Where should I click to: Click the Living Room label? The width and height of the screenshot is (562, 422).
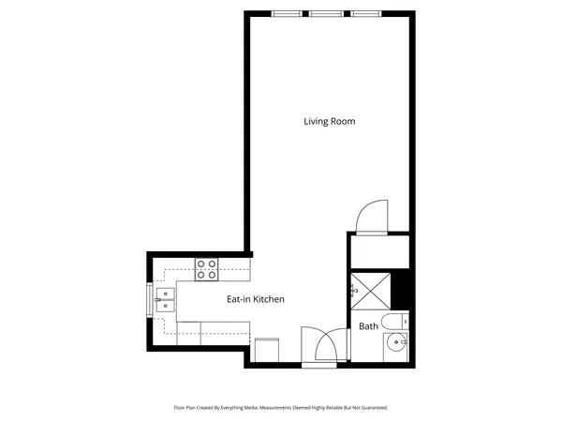click(329, 121)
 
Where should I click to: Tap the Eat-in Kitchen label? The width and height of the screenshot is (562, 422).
click(256, 299)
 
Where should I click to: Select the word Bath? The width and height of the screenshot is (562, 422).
click(368, 326)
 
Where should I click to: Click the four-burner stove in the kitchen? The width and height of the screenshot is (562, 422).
click(206, 269)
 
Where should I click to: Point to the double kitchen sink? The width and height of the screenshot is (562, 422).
click(165, 299)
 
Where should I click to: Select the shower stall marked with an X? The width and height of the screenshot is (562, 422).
click(369, 291)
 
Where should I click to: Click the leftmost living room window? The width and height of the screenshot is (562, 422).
click(288, 14)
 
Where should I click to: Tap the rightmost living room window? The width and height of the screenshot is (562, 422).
click(366, 14)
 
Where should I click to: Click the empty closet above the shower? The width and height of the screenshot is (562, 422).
click(378, 251)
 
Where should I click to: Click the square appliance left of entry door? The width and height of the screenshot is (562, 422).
click(266, 349)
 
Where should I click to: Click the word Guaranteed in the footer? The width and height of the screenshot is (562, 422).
click(369, 408)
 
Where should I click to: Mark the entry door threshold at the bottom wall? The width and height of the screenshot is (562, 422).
click(318, 364)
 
